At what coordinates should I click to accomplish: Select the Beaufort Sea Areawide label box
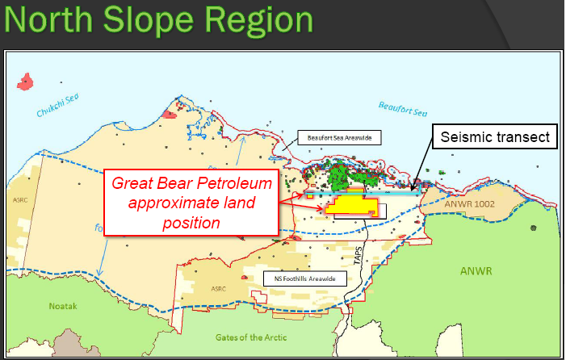click(x=338, y=137)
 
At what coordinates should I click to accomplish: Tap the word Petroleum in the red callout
click(x=234, y=183)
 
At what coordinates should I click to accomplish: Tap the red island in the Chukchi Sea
click(x=26, y=81)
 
